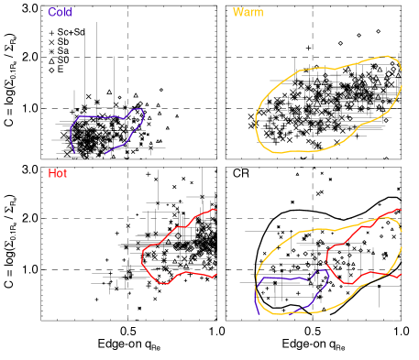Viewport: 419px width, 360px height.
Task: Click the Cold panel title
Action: point(60,13)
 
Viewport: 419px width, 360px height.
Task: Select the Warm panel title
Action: point(248,13)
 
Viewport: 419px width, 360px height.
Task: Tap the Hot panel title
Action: point(58,173)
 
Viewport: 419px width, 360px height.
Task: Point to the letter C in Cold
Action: point(51,13)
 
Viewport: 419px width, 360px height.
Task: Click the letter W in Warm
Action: point(238,13)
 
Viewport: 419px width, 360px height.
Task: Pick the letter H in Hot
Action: point(51,173)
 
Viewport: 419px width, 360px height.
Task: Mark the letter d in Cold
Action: point(69,13)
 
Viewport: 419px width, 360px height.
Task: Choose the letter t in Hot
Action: point(65,173)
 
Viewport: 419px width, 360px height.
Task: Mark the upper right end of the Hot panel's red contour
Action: point(215,209)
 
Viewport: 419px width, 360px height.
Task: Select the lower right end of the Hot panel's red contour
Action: point(215,276)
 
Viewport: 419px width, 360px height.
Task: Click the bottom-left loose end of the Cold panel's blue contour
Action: point(72,152)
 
